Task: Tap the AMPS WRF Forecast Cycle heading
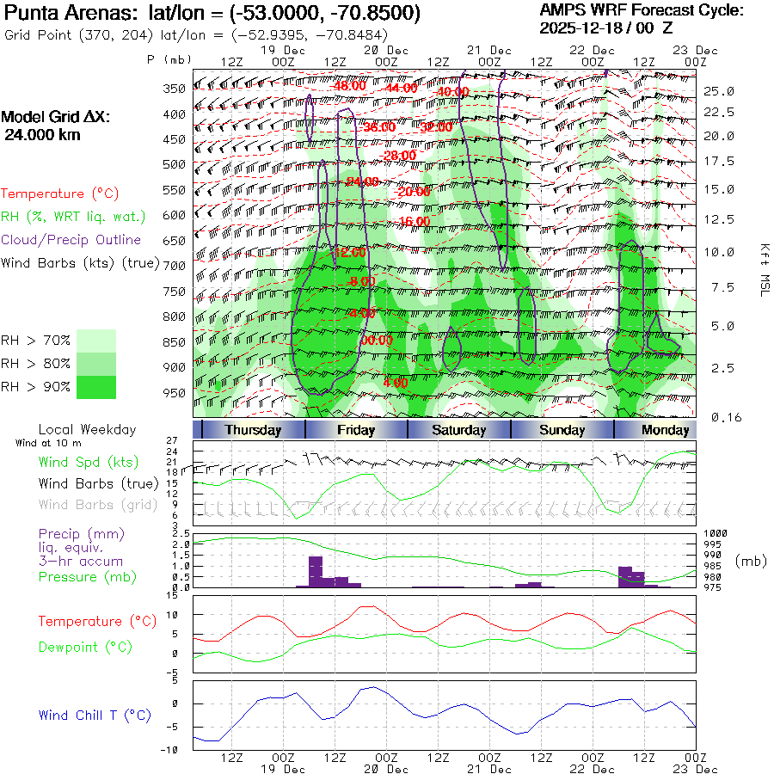642,10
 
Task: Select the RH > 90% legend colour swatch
96,387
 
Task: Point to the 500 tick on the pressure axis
175,163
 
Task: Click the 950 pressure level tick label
175,393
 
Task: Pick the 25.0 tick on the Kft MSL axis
719,90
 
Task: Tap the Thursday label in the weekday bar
253,430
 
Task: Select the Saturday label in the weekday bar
458,430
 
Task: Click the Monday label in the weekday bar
665,430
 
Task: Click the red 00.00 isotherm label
376,341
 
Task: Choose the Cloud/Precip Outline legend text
71,240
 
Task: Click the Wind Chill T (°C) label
95,716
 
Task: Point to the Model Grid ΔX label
56,117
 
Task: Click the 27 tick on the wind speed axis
183,440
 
